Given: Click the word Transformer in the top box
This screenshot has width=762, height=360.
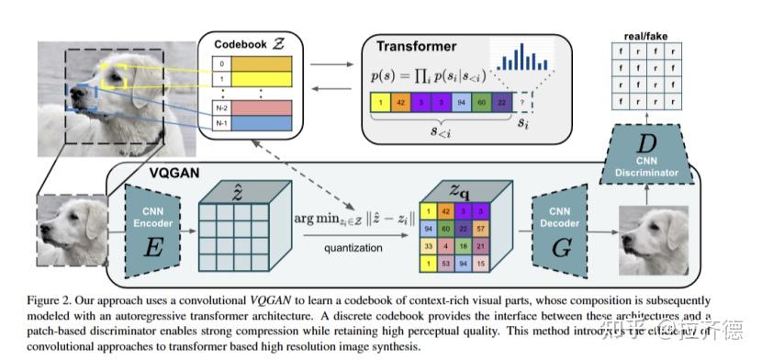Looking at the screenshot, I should [x=412, y=45].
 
